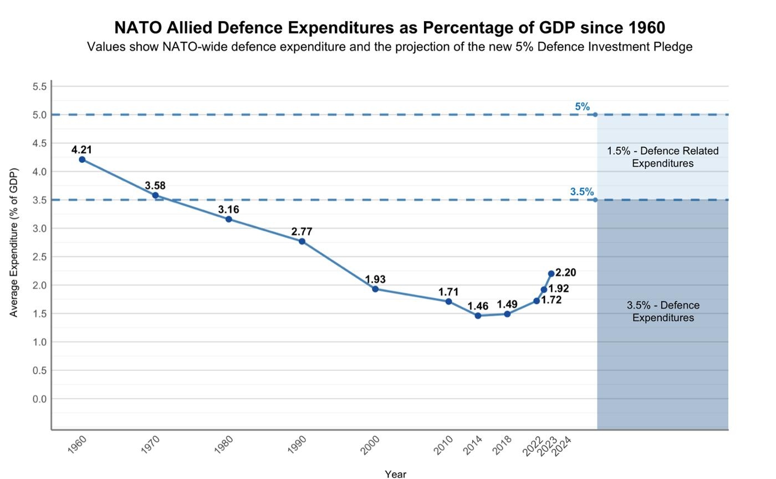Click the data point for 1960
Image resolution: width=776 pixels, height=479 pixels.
tap(82, 160)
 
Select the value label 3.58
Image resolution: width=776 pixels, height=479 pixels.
tap(155, 186)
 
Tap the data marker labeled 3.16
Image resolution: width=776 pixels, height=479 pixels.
tap(228, 219)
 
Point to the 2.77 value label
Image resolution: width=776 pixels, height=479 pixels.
tap(302, 232)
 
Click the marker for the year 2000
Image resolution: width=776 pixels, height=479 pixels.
tap(375, 289)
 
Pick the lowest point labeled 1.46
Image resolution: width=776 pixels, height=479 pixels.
tap(478, 315)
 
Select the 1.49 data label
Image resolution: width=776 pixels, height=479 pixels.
tap(507, 304)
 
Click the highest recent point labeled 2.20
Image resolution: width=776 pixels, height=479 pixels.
tap(551, 274)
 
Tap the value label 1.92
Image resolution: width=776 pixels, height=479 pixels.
tap(559, 289)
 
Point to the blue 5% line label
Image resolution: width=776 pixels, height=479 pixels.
tap(582, 107)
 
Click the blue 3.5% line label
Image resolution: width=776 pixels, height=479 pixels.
tap(581, 192)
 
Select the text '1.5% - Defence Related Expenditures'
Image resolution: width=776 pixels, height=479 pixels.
tap(662, 157)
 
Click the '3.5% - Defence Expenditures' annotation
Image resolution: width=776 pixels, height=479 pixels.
tap(663, 312)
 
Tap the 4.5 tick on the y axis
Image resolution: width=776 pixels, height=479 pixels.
tap(39, 143)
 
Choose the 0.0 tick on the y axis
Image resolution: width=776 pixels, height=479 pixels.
tap(39, 399)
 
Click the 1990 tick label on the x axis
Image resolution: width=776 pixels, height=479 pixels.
tap(297, 445)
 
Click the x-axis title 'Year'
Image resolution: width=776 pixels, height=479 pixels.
tap(395, 474)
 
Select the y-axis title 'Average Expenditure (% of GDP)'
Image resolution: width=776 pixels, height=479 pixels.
tap(14, 242)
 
